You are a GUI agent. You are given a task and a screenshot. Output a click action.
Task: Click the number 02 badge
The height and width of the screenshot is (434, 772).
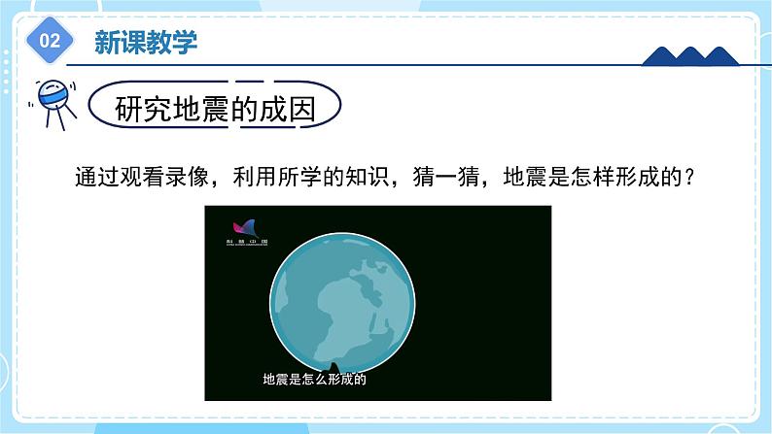[x=52, y=41]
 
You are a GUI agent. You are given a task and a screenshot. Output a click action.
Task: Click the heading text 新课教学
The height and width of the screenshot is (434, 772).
[x=145, y=41]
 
